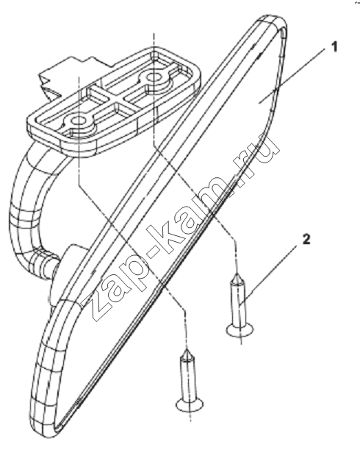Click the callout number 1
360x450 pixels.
[x=334, y=47]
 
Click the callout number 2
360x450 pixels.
[x=306, y=240]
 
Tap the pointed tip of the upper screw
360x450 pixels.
[x=237, y=275]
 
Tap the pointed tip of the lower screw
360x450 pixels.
[x=187, y=351]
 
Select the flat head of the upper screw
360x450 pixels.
[x=240, y=330]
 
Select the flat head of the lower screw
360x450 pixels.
[x=190, y=404]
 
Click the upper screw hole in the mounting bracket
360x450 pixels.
[x=154, y=77]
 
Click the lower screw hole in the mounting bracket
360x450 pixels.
[x=78, y=121]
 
